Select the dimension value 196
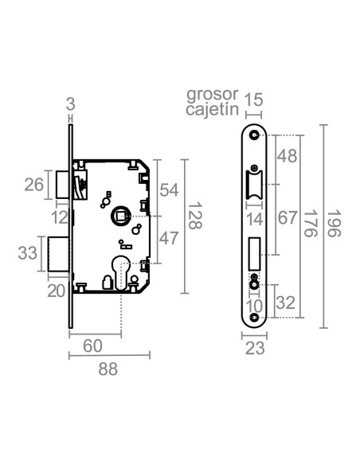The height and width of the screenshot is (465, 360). (x=335, y=226)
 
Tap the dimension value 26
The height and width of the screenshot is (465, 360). (x=34, y=185)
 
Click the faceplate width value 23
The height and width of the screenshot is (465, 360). (x=254, y=348)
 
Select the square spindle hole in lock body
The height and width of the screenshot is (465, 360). (x=119, y=216)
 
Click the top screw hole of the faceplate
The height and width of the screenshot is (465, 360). (x=255, y=136)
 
